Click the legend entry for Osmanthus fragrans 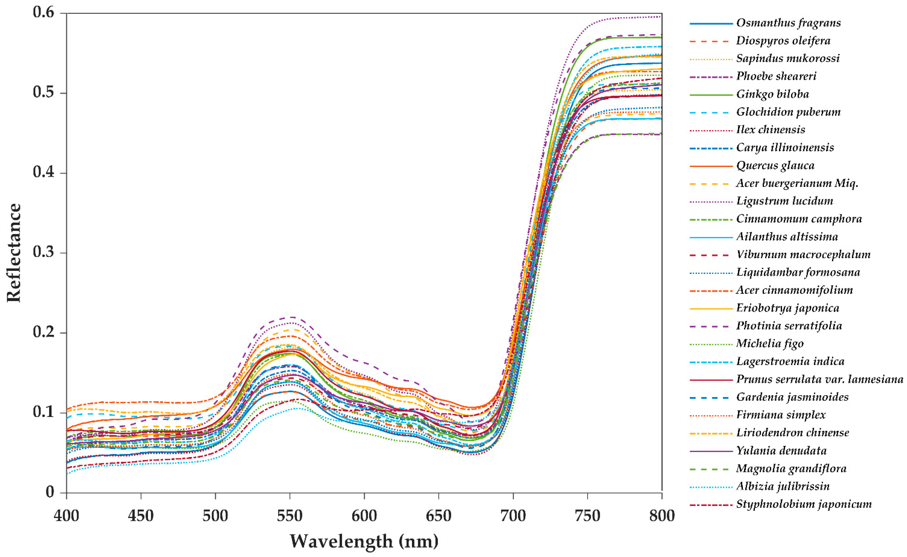tap(788, 23)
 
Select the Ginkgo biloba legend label tap(772, 94)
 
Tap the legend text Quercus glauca tap(775, 165)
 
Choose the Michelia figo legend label tap(770, 344)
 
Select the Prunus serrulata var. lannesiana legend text tap(819, 379)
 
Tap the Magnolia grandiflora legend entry tap(791, 469)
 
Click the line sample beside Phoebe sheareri tap(711, 77)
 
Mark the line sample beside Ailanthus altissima tap(711, 237)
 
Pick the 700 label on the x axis tap(513, 516)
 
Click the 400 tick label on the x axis tap(66, 516)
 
